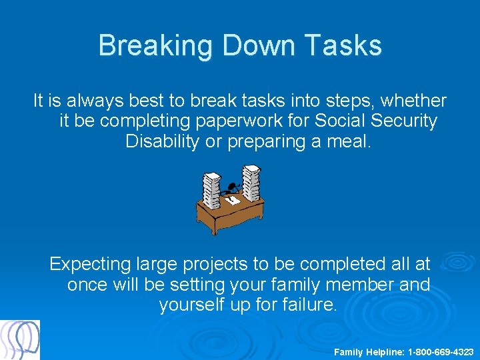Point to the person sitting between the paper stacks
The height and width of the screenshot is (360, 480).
click(233, 189)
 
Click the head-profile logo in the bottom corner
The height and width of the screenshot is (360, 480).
click(20, 340)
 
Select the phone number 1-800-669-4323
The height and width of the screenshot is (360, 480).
click(441, 351)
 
